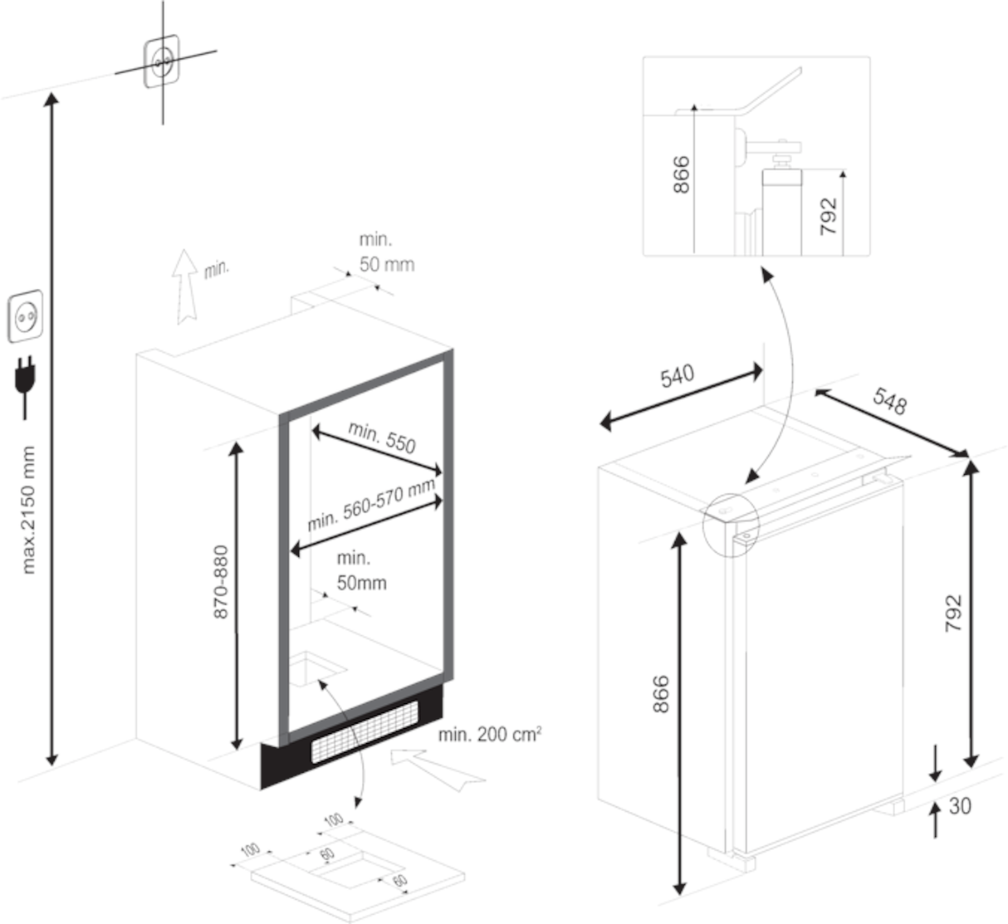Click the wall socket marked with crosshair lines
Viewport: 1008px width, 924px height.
coord(162,61)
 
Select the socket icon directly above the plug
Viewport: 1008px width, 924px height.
coord(25,315)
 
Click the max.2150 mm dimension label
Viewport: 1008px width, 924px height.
coord(29,510)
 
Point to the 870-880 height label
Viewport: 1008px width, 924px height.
coord(221,581)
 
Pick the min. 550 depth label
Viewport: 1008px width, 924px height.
coord(382,436)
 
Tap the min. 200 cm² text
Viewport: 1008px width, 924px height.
coord(490,734)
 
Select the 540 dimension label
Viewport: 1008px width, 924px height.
coord(677,376)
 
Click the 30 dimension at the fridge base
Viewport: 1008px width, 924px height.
coord(959,805)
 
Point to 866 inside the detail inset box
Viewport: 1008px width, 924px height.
coord(681,174)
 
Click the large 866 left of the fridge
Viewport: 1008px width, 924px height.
coord(660,694)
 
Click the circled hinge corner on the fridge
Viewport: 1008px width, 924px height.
coord(730,521)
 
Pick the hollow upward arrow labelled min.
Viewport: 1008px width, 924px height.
coord(185,286)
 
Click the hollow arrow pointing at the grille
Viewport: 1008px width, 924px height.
coord(437,767)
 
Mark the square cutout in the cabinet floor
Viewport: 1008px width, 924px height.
coord(316,668)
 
